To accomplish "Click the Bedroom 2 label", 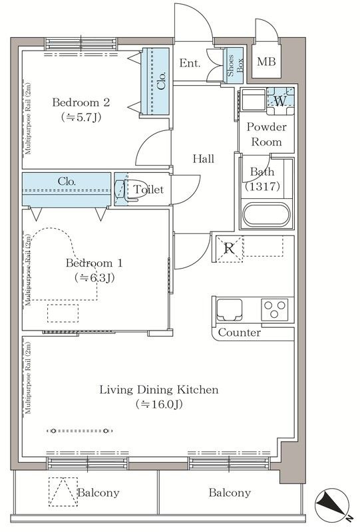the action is (x=81, y=102).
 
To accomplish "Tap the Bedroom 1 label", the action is (x=94, y=263).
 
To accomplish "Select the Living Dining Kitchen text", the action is (x=159, y=390).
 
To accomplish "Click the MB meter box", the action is (x=267, y=61).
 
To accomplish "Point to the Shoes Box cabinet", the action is (x=235, y=65).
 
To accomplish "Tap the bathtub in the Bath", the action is (x=267, y=214).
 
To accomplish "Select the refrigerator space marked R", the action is (x=230, y=249).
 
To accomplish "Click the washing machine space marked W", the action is (x=280, y=101).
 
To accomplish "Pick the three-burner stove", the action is (x=275, y=309).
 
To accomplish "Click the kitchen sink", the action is (x=230, y=309).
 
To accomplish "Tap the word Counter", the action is (x=240, y=332).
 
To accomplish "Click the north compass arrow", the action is (x=332, y=507).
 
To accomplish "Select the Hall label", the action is (x=204, y=158).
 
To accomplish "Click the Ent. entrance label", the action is (x=190, y=63).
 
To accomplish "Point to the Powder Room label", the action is (x=267, y=134).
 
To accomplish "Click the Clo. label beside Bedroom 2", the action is (x=162, y=80).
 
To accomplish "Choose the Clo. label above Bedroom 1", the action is (x=67, y=182).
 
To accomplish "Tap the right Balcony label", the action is (x=230, y=492).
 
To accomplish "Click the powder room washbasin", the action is (x=253, y=99).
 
